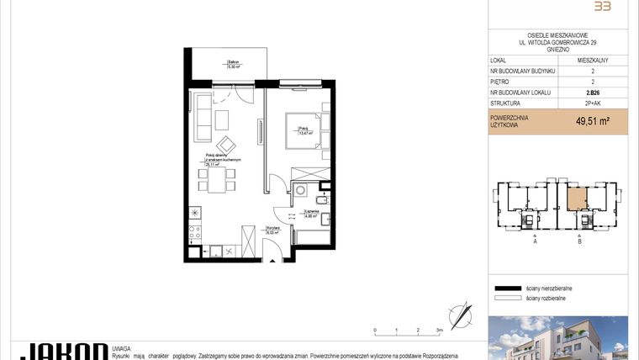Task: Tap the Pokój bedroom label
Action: coord(304,130)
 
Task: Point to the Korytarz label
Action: coord(272,230)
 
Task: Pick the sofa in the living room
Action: coord(201,118)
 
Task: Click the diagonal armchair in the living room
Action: coord(226,143)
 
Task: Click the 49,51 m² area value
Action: coord(593,121)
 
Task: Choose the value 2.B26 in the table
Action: coord(593,93)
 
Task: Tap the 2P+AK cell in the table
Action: coord(593,103)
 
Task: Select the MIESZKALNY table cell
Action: coord(593,61)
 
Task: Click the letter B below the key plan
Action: coord(580,241)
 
